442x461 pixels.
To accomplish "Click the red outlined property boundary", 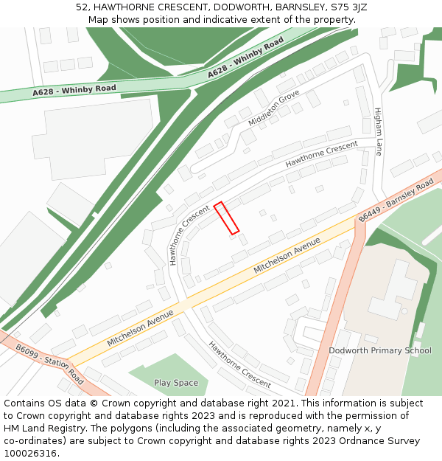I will (226, 218).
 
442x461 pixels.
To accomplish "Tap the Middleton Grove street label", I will (274, 108).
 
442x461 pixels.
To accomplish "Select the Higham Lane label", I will (379, 131).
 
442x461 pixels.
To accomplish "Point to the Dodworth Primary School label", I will (380, 350).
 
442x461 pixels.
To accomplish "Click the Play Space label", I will (176, 383).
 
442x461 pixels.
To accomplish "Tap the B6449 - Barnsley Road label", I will (396, 200).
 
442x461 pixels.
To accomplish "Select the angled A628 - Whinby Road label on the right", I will (245, 58).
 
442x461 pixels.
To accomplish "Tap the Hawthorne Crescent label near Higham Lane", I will (321, 153).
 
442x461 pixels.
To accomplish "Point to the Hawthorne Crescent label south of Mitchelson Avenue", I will (239, 364).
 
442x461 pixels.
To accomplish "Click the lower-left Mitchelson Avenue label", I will (140, 328).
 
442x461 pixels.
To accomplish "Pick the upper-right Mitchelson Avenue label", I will (287, 256).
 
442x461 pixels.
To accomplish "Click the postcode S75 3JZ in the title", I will (350, 7).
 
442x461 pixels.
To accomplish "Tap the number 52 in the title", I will (82, 7).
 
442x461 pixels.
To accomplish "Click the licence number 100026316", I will (30, 454).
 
